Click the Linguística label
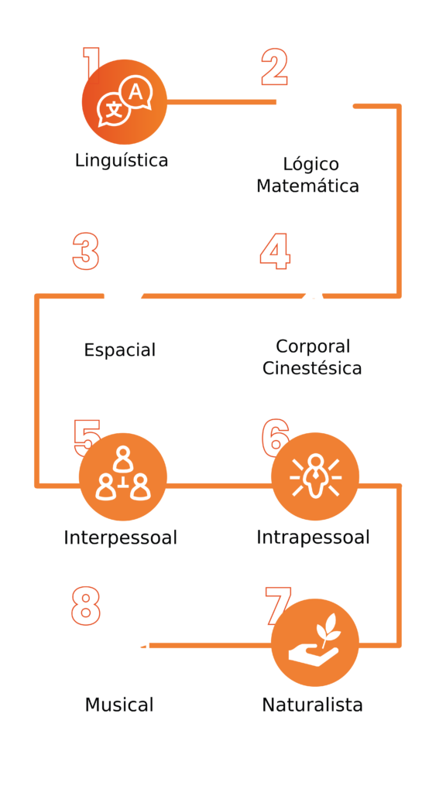coord(122,161)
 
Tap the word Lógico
coord(310,165)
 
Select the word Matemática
coord(307,186)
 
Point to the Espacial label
coord(120,350)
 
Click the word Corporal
coord(313,347)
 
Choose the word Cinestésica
coord(312,368)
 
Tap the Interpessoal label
coord(120,538)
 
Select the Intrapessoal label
coord(313,538)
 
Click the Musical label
coord(118,705)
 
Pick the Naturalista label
coord(312,705)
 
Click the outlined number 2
coord(275,67)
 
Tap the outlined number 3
coord(85,251)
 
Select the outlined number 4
coord(275,251)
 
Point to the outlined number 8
coord(85,606)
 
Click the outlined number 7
coord(278,603)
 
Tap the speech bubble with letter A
coord(136,94)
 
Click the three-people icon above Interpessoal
coord(123,473)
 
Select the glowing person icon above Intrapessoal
coord(316,476)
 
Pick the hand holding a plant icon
coord(313,638)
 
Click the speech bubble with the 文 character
coord(113,110)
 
